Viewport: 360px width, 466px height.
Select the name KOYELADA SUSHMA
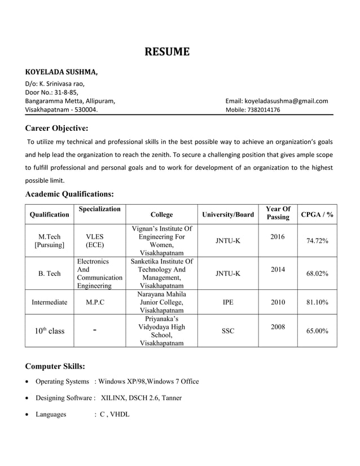click(x=61, y=72)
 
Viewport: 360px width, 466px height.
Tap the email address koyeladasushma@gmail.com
click(x=276, y=101)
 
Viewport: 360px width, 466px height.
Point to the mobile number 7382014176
click(x=261, y=110)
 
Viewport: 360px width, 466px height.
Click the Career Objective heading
click(x=56, y=128)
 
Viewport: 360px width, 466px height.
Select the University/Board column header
click(x=228, y=214)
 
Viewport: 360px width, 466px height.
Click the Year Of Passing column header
click(x=278, y=213)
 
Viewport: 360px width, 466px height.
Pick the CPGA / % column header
click(x=317, y=214)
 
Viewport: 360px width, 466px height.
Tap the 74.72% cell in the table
click(x=317, y=241)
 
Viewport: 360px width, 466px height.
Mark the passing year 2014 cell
click(x=278, y=270)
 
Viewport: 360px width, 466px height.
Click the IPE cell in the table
click(x=228, y=302)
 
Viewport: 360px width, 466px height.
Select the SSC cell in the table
click(x=228, y=331)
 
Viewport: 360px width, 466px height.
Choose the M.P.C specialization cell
click(x=95, y=302)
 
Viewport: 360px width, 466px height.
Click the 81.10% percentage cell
click(x=317, y=302)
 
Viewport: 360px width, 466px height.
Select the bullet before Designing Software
click(x=28, y=398)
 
